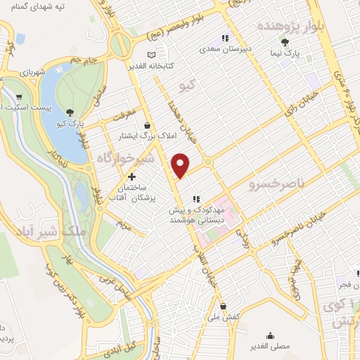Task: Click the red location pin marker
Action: point(181,165)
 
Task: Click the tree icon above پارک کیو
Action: point(70,112)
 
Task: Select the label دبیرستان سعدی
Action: point(224,49)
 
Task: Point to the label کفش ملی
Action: point(224,317)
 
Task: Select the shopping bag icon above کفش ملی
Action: point(224,306)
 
